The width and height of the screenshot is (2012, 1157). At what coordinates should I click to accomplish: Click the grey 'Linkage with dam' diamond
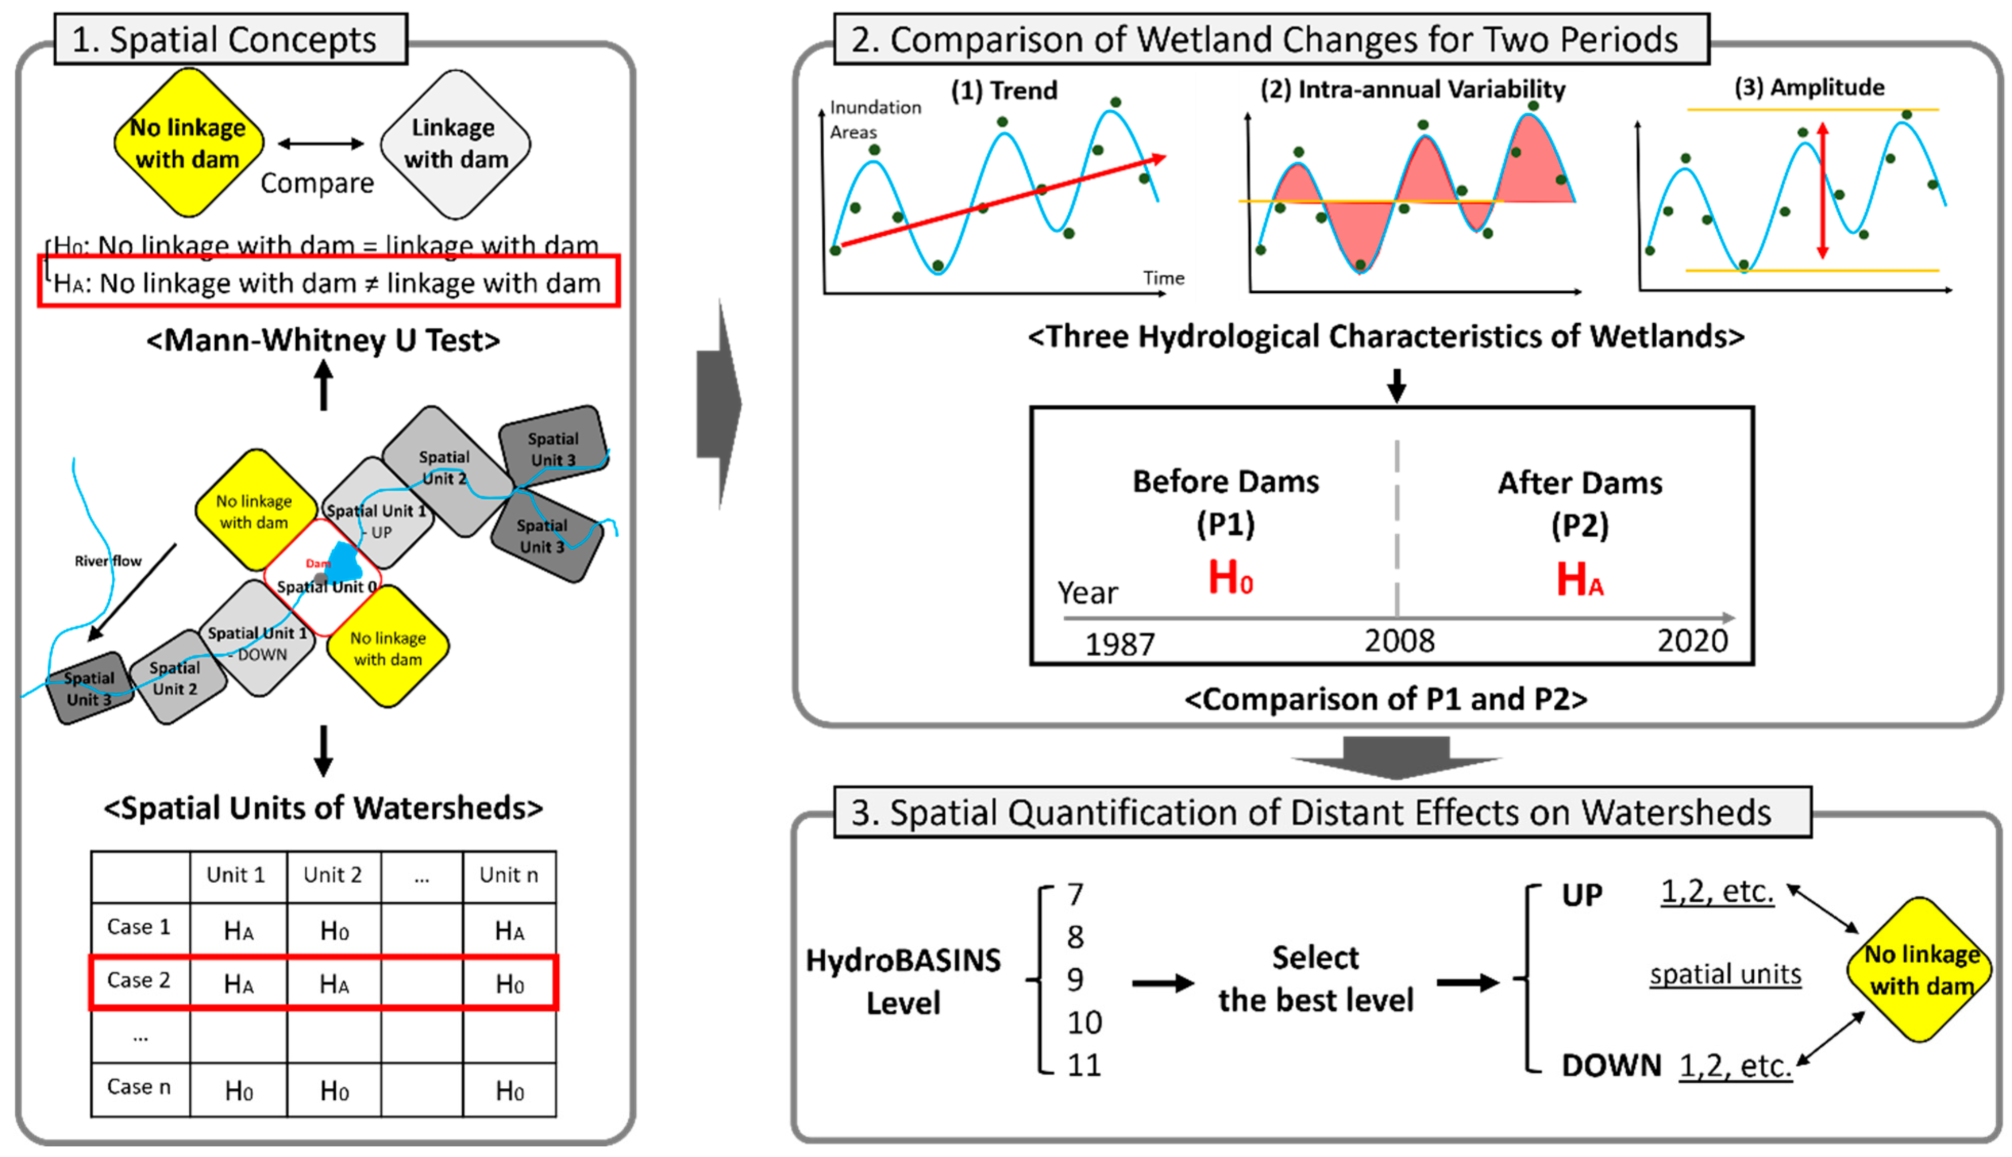click(x=455, y=144)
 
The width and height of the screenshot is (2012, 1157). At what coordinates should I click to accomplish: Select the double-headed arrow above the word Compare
click(x=320, y=144)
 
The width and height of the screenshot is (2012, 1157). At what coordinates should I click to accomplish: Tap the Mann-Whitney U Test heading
click(x=323, y=340)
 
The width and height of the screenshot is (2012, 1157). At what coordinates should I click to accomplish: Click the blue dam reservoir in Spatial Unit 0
click(x=344, y=562)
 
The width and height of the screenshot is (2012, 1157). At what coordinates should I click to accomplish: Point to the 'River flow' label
click(x=108, y=561)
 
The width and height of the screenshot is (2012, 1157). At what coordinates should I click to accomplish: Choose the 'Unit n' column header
click(x=509, y=875)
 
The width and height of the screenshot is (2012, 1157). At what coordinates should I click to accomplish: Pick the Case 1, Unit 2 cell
click(x=334, y=930)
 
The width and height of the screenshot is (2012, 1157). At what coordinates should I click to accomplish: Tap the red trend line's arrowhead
click(x=1159, y=159)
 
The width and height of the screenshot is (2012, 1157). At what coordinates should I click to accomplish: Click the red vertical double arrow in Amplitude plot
click(x=1822, y=191)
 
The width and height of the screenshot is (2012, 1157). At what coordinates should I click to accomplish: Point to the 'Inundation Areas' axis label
click(x=874, y=119)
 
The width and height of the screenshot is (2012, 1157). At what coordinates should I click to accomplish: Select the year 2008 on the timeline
click(x=1399, y=640)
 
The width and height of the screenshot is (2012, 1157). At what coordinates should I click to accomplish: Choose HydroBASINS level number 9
click(x=1074, y=980)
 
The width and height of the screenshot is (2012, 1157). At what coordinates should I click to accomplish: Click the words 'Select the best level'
click(x=1316, y=979)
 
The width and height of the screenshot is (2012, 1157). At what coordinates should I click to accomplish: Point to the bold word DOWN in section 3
click(x=1611, y=1065)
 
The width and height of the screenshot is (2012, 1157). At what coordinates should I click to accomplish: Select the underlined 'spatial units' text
click(x=1725, y=974)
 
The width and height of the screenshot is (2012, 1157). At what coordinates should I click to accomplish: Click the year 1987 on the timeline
click(x=1120, y=644)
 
